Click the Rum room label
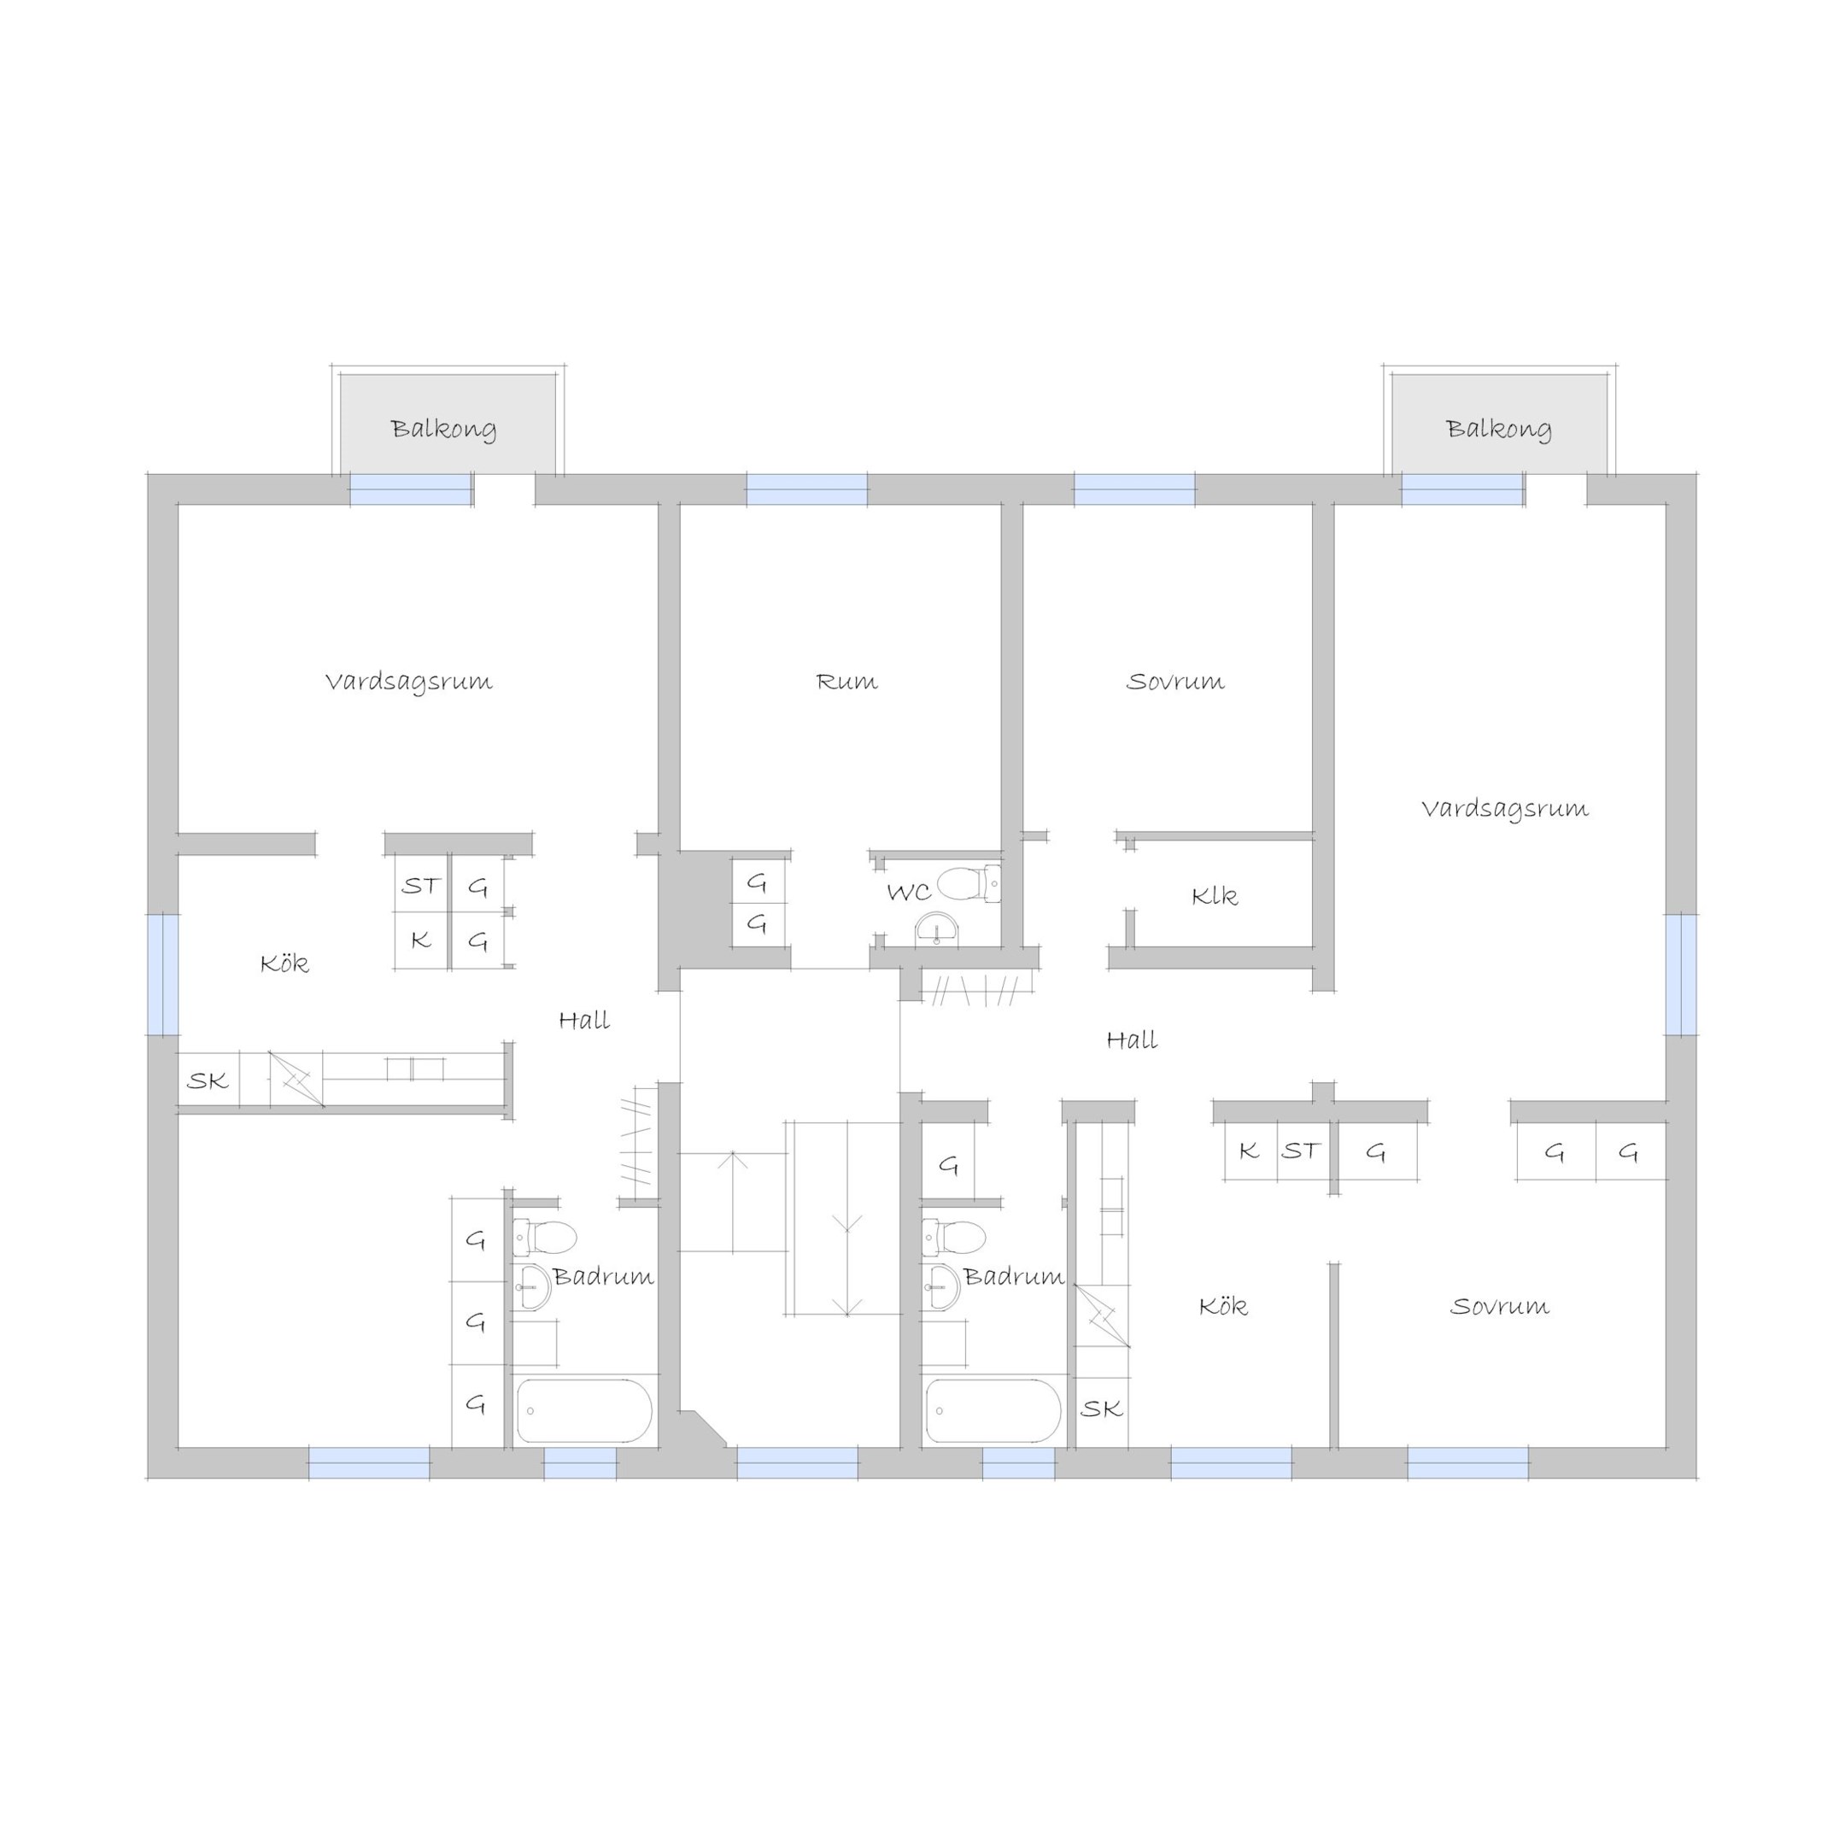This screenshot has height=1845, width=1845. pos(846,682)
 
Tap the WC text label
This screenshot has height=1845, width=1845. pos(908,893)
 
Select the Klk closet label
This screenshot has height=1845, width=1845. pos(1215,896)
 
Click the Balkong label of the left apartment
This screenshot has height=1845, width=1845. pos(443,429)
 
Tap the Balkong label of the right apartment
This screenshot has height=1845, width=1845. pos(1498,429)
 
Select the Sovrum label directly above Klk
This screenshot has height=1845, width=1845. pos(1174,682)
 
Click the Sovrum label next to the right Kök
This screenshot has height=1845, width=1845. pos(1499,1306)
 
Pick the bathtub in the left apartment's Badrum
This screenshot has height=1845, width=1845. pos(584,1410)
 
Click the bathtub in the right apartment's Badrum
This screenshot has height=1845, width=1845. pos(993,1410)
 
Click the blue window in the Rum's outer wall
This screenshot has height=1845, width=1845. pos(807,489)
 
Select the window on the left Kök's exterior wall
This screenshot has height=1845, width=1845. pos(163,974)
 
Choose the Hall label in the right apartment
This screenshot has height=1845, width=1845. pos(1132,1040)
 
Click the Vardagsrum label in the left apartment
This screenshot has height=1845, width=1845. pos(409,682)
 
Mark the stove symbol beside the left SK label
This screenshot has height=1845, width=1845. pos(296,1079)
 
